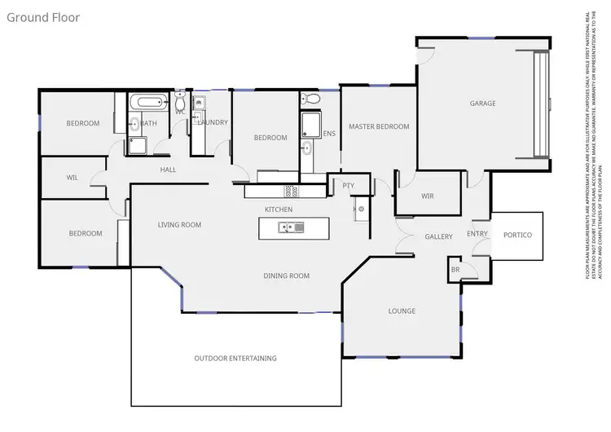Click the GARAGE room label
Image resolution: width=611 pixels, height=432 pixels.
pos(482,104)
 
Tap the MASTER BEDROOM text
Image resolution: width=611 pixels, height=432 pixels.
pos(379,127)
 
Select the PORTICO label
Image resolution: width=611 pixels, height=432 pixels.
pos(517,236)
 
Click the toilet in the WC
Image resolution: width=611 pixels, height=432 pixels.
pos(180,102)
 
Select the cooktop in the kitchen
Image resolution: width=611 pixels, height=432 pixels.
pos(291,191)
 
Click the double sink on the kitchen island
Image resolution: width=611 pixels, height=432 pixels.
pos(287,229)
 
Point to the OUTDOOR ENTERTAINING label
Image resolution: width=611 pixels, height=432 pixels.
pos(235,358)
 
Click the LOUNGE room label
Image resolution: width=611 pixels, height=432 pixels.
pos(402,311)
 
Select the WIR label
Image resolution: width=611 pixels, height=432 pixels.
pos(428,196)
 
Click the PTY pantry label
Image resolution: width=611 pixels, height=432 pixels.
pos(348,186)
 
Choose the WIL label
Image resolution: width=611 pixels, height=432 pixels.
pos(72,177)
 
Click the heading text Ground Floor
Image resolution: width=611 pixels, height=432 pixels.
pos(43,16)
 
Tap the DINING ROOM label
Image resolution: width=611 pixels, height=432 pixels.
pos(287,276)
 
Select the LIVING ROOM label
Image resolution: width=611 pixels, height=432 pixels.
pos(179,225)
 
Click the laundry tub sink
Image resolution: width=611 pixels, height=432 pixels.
pos(199,104)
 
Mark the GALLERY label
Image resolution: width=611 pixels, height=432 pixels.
pos(438,236)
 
